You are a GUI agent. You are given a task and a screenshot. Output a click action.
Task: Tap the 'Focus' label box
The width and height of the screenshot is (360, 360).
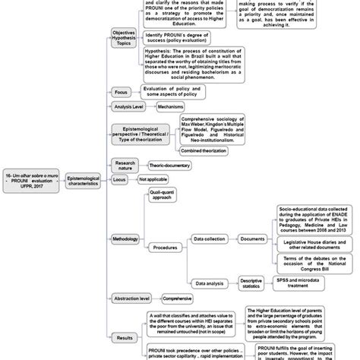point(121,92)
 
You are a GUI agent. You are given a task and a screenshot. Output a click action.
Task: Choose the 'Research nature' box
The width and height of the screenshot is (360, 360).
point(125,165)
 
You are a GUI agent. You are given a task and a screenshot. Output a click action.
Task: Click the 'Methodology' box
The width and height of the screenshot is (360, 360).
point(127,239)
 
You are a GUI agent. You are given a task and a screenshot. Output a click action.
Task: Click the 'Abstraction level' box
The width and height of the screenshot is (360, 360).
point(132,299)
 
